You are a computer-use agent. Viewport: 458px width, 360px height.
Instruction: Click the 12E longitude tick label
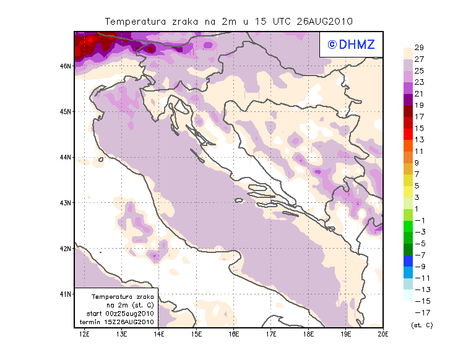(85, 335)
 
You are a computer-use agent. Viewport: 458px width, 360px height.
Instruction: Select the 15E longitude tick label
(197, 335)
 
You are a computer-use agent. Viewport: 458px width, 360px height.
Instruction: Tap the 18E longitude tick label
(309, 335)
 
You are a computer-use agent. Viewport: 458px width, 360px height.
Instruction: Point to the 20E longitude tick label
(383, 335)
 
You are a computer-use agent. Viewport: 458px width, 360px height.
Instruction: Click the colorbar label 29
(419, 48)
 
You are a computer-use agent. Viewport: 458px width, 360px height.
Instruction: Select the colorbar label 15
(419, 128)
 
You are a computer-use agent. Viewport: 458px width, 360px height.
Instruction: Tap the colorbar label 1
(417, 208)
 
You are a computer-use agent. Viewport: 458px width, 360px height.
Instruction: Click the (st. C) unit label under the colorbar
(421, 325)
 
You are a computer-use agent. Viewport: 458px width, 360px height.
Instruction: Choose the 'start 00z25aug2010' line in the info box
(120, 314)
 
